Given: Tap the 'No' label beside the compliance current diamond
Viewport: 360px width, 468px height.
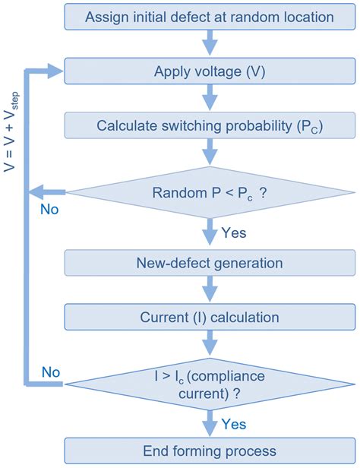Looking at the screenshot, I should (49, 373).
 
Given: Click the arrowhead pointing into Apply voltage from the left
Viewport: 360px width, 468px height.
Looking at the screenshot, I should (55, 71).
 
